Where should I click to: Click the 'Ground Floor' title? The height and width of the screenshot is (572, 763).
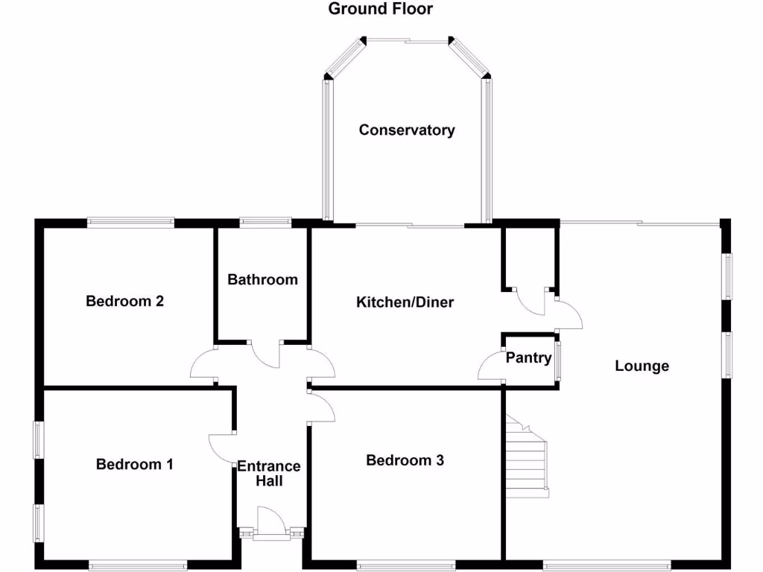click(x=381, y=9)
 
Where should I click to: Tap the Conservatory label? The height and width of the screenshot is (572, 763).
click(x=407, y=130)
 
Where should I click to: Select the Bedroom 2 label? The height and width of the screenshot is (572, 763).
click(x=124, y=302)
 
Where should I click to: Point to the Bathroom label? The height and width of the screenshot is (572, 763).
click(x=262, y=280)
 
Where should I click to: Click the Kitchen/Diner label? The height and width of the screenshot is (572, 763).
click(x=405, y=302)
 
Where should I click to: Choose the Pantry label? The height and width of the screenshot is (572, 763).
click(x=528, y=358)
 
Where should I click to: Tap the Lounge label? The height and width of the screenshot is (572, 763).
click(x=642, y=366)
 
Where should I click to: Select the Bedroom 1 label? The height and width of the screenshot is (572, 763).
click(x=135, y=465)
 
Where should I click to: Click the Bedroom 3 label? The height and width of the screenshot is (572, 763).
click(x=405, y=461)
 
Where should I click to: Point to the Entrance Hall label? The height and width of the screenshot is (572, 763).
click(x=269, y=474)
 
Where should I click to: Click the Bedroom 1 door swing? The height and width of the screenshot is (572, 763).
click(x=222, y=449)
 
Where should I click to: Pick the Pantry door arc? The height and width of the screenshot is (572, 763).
click(x=490, y=366)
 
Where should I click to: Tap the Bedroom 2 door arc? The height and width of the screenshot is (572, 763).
click(x=203, y=364)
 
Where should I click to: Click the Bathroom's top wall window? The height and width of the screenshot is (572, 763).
click(x=265, y=221)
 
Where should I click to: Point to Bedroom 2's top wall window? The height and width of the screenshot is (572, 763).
click(x=130, y=221)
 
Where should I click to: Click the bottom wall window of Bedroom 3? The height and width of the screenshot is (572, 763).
click(x=405, y=565)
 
